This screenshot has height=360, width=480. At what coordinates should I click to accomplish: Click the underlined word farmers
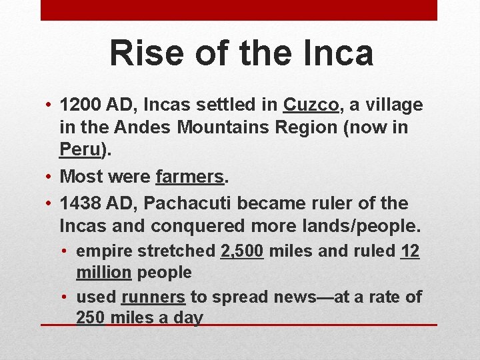pos(190,177)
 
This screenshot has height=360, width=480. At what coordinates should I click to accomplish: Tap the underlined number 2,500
pos(243,251)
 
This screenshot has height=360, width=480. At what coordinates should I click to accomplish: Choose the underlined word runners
pos(153,297)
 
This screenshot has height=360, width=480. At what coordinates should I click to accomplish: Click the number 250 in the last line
pos(91,317)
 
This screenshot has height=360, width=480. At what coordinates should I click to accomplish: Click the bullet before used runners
pos(66,297)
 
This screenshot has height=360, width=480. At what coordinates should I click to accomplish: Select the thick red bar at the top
pos(239,10)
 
